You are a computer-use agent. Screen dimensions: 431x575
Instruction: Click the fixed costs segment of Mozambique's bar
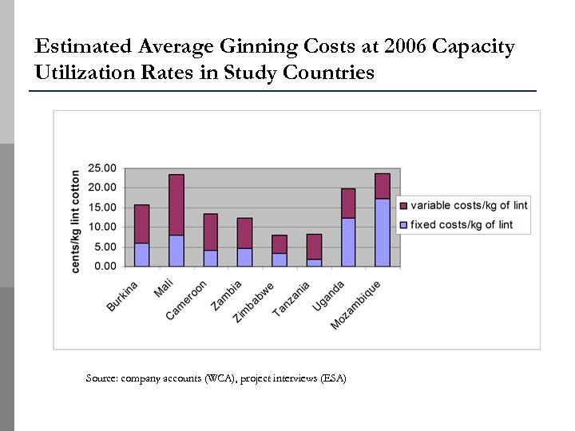[383, 232]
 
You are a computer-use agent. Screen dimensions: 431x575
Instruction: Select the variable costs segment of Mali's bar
[176, 204]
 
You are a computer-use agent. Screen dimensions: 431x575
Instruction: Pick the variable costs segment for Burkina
[142, 223]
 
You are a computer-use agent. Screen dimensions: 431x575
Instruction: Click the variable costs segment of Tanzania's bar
[314, 246]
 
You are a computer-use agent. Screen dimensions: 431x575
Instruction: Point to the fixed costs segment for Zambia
[245, 257]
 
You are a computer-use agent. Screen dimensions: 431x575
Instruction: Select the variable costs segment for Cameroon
[211, 231]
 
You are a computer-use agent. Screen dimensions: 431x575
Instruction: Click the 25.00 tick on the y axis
[101, 168]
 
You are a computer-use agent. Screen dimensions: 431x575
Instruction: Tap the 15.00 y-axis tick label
[101, 208]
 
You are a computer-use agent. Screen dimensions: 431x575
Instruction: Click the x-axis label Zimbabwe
[254, 302]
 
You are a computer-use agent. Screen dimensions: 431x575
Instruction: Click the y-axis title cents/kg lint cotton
[76, 221]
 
